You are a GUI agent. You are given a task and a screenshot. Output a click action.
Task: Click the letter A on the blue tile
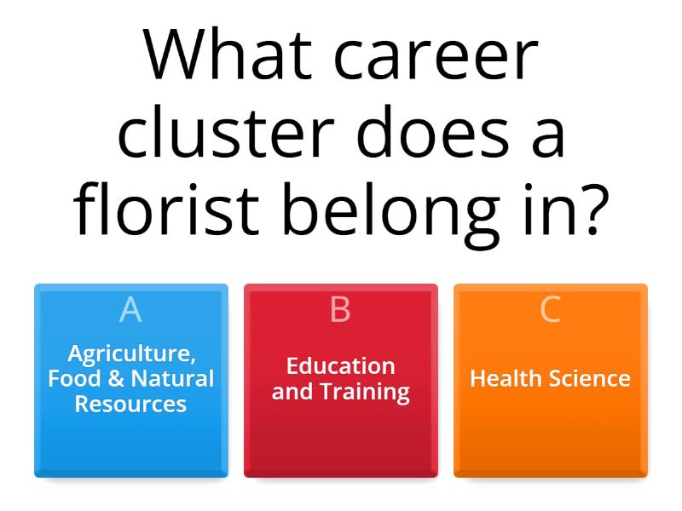click(x=130, y=310)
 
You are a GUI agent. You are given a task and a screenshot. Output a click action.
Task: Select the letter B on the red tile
click(x=340, y=310)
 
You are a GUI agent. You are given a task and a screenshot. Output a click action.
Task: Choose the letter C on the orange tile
click(x=550, y=310)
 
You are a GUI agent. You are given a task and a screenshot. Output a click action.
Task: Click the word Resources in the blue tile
click(x=130, y=404)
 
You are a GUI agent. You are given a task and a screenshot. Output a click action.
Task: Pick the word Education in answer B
click(x=340, y=366)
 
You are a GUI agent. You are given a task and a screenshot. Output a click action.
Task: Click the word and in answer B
click(x=292, y=392)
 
